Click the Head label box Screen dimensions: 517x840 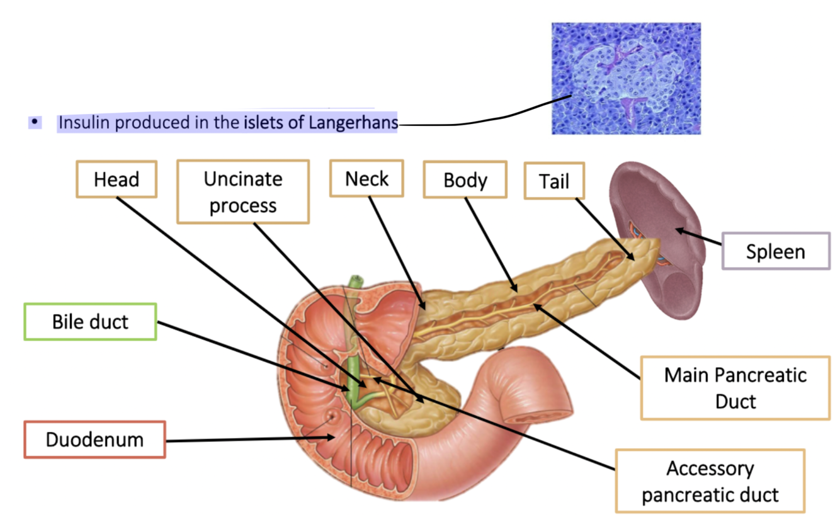116,179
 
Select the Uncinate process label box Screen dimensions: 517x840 243,191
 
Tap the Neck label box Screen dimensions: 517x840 367,179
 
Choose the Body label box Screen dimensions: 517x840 465,180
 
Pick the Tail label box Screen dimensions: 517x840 554,181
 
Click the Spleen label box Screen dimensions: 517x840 775,251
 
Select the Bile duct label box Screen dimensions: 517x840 90,322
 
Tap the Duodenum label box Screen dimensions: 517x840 94,439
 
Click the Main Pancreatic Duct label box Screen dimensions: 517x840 735,387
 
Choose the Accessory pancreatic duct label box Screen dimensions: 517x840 710,480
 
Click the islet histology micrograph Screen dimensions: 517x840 626,78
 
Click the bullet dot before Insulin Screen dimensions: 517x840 35,122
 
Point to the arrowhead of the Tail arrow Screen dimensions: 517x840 632,256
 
